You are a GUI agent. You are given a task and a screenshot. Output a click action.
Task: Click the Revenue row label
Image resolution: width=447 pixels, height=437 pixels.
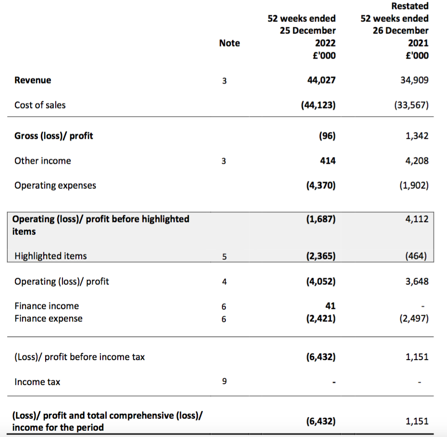[33, 80]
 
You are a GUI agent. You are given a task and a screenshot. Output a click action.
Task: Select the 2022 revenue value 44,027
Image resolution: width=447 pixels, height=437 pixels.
[321, 80]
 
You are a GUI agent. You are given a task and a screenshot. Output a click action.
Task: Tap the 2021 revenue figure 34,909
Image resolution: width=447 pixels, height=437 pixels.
[414, 80]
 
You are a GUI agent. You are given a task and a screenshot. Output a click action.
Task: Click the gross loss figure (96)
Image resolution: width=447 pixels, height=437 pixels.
[327, 136]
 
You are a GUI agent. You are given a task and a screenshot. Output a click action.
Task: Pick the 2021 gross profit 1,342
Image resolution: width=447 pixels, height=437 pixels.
[417, 136]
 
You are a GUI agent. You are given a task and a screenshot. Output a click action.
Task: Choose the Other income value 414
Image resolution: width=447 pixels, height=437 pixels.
[328, 161]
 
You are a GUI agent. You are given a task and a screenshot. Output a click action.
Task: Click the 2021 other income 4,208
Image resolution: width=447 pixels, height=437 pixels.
[417, 161]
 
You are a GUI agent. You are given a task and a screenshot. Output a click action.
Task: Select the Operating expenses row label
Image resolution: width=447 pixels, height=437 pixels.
[55, 186]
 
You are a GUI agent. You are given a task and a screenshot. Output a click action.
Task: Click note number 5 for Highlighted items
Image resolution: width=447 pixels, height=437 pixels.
[224, 256]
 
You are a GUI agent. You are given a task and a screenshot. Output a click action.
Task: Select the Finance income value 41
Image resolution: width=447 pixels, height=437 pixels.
[330, 306]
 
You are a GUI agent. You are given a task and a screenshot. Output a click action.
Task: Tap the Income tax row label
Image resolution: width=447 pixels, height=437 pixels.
[37, 382]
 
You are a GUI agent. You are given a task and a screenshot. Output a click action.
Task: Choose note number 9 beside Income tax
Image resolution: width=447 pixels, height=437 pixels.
[224, 381]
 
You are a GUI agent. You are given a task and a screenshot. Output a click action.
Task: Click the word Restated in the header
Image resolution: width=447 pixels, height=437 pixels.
[410, 6]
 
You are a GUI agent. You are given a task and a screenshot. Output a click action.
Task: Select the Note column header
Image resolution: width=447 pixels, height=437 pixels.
[229, 43]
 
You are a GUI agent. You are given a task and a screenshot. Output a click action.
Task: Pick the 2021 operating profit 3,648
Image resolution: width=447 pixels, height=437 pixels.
[417, 282]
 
